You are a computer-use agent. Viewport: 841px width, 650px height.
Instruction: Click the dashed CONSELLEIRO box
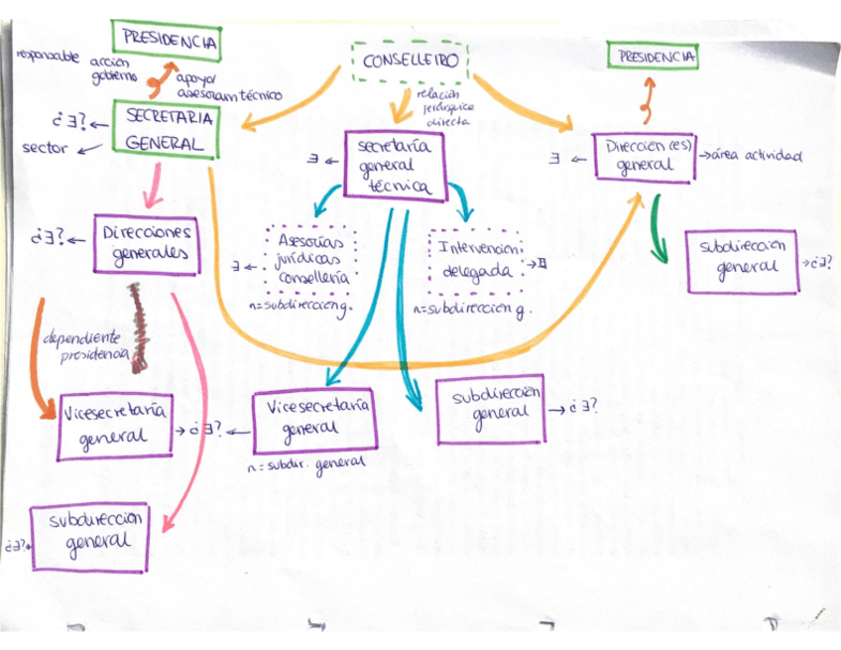coord(410,62)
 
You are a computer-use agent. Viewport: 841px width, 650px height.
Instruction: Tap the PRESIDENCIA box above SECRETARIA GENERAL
coord(166,42)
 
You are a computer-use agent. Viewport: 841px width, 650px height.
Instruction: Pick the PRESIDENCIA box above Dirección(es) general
coord(653,58)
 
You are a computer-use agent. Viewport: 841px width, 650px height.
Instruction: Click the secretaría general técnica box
coord(395,166)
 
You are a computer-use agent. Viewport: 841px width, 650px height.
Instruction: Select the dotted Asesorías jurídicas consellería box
coord(311,260)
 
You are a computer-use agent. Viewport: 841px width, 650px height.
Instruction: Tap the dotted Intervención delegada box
coord(477,262)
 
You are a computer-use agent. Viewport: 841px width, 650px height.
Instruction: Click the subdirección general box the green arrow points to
coord(743,262)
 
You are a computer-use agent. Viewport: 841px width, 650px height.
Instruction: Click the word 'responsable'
coord(47,57)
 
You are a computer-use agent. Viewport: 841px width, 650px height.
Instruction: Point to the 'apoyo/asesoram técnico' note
coord(226,88)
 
